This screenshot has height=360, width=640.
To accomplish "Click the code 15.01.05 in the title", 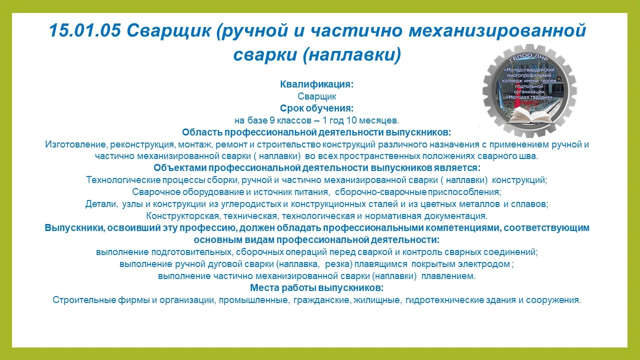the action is pyautogui.click(x=85, y=30).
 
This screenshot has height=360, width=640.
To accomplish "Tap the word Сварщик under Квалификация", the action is pyautogui.click(x=316, y=96).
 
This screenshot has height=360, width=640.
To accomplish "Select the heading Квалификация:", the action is pyautogui.click(x=316, y=84).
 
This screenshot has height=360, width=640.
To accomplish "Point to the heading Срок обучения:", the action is pyautogui.click(x=316, y=108).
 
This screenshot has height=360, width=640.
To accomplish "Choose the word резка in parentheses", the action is pyautogui.click(x=338, y=264).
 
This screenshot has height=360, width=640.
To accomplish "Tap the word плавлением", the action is pyautogui.click(x=448, y=276).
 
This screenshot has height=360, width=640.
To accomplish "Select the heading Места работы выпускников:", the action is pyautogui.click(x=316, y=288).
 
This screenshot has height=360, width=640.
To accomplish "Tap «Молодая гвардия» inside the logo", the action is pyautogui.click(x=529, y=97).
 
